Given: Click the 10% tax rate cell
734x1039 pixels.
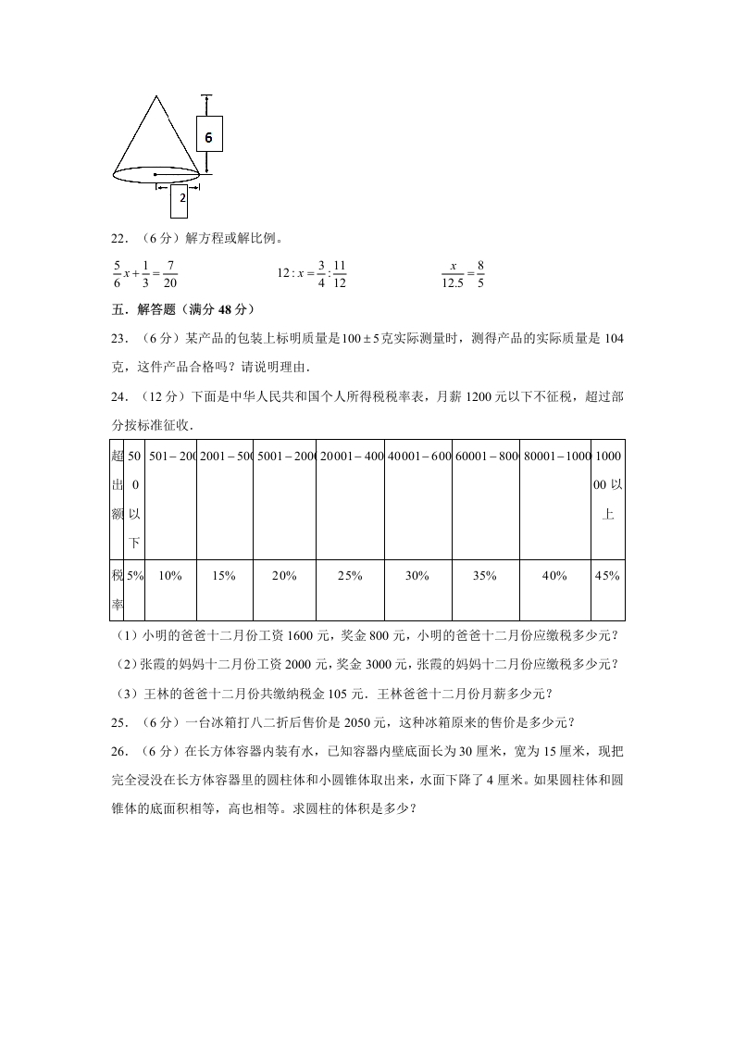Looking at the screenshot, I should tap(170, 576).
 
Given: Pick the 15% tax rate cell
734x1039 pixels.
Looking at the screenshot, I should tap(224, 576).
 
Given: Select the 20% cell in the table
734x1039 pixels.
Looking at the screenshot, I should tap(284, 576).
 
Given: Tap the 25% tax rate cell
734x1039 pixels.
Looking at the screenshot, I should tap(350, 576).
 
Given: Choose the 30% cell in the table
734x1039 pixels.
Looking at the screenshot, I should tap(417, 576).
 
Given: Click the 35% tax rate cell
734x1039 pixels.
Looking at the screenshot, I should tap(485, 576).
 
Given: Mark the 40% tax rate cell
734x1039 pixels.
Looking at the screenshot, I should tap(554, 576).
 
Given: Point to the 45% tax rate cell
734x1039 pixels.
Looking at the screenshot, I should tap(607, 576).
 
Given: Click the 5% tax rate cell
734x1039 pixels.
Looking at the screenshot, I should tap(135, 576).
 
